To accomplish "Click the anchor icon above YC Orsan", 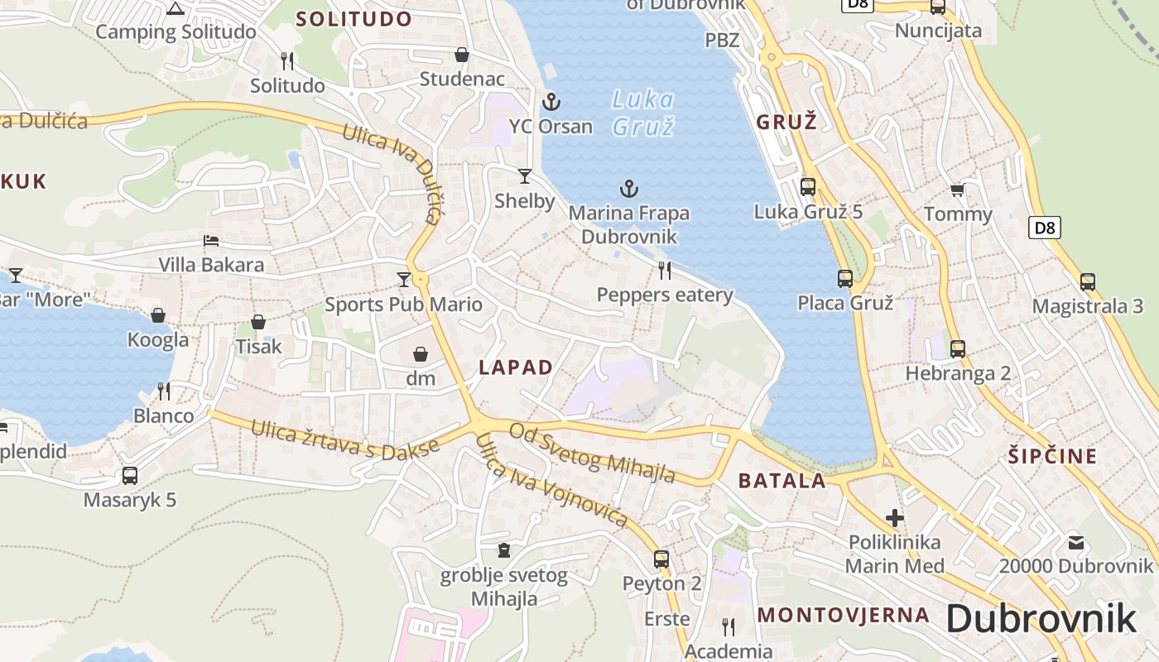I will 551,102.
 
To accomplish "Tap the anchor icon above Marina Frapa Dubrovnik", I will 629,189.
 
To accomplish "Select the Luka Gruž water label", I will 643,113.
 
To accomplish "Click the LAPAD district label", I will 516,368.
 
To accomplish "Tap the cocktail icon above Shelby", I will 525,175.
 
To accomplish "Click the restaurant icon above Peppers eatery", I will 664,270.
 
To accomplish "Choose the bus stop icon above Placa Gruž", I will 844,279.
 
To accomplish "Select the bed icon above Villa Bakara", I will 211,241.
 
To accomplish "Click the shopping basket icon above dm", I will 421,354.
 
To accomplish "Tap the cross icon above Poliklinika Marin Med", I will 895,518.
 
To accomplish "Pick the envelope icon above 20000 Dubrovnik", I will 1075,543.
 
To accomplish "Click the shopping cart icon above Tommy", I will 957,190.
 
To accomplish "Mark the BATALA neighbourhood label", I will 781,481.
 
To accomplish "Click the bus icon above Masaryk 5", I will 129,476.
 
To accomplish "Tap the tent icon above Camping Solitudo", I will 174,8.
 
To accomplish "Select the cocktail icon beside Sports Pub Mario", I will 404,280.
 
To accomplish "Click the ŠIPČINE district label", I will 1052,456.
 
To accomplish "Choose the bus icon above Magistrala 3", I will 1087,282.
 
